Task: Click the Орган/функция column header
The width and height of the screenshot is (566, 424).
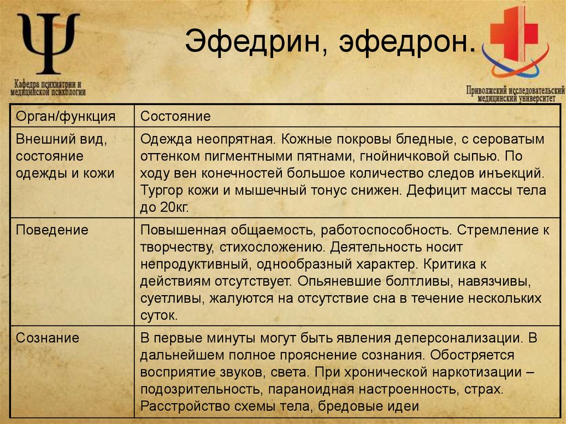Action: [65, 116]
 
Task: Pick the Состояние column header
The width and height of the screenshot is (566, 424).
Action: [175, 116]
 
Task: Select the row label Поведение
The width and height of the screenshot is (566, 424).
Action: [52, 229]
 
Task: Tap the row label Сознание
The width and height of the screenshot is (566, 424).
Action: [48, 337]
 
